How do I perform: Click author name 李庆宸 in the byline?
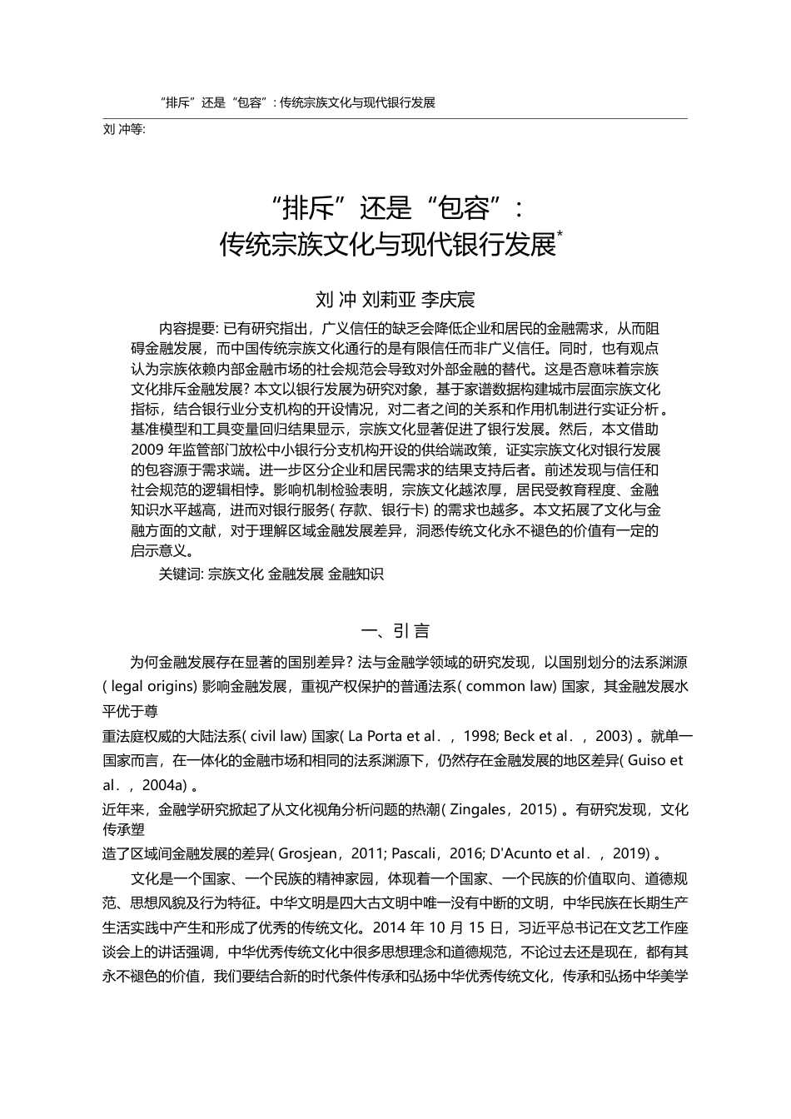447,299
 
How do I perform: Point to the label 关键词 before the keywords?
179,574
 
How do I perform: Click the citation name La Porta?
375,736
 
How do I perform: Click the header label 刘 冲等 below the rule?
122,130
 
